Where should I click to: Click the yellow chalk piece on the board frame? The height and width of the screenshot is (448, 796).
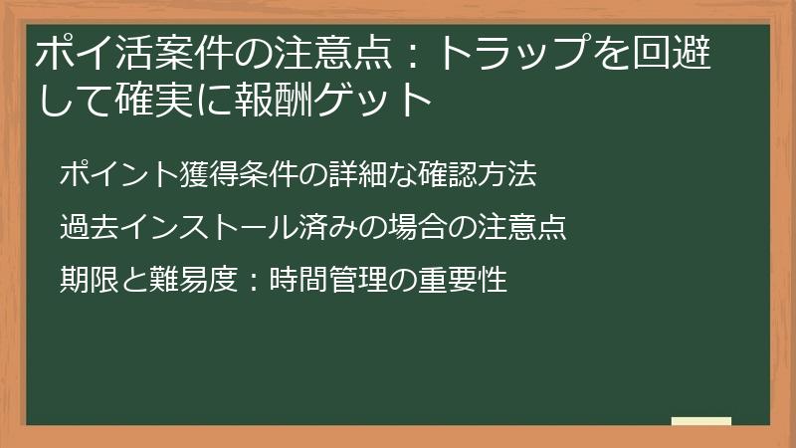pyautogui.click(x=701, y=422)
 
